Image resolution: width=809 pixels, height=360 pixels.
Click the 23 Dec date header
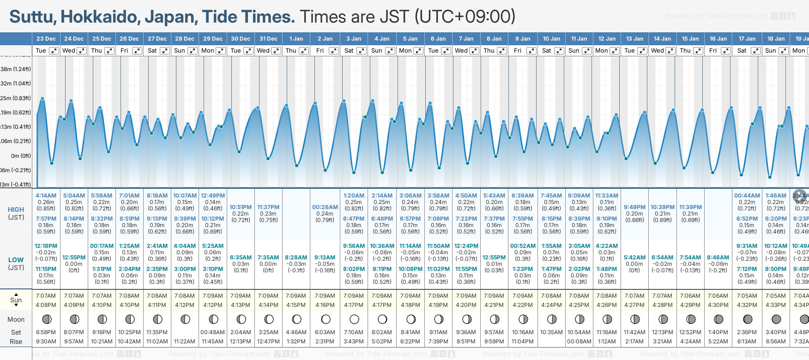coord(46,39)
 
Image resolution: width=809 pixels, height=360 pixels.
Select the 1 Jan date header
coord(296,39)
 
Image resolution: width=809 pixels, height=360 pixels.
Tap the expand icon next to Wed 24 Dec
coord(81,51)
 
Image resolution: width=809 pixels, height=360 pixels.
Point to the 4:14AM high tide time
coord(46,196)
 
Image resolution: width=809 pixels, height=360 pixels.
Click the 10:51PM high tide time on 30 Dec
coord(241,207)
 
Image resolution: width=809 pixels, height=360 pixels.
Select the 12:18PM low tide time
coord(46,246)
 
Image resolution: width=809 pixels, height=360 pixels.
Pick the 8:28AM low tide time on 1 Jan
coord(296,258)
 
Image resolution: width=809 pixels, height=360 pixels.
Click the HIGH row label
coord(16,210)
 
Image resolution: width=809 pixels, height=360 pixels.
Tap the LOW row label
coord(16,260)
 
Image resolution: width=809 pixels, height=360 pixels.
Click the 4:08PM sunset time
coord(46,305)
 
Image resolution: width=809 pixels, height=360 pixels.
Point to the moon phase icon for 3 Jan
coord(354,319)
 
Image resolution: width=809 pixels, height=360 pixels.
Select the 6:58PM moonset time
coord(46,332)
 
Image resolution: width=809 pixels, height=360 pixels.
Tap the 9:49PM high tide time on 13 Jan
coord(634,207)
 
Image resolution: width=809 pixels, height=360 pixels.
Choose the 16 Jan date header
coord(718,39)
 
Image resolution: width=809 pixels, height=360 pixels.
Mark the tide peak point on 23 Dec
coord(42,98)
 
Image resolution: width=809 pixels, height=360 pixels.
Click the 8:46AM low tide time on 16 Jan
coord(718,258)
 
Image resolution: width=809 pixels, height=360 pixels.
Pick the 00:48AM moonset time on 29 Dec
coord(212,332)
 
